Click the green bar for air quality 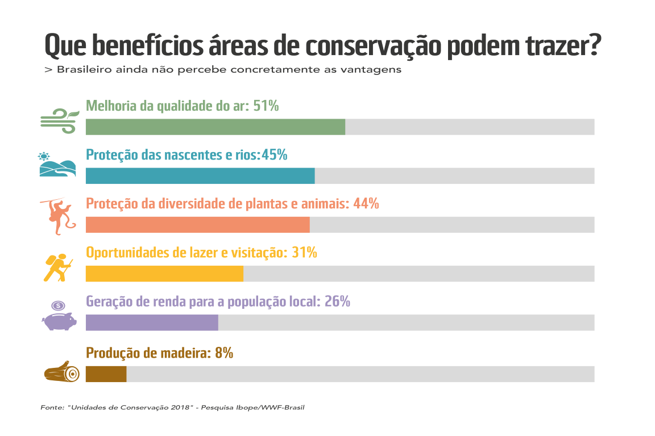coord(215,127)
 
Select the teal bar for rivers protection coord(200,176)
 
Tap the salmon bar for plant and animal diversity coord(197,225)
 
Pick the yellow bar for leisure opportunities coord(164,274)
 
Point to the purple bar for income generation coord(152,322)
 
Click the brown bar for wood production coord(106,374)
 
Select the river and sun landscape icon coord(57,165)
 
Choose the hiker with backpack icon coord(58,267)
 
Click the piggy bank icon coord(59,317)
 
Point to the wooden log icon coord(61,372)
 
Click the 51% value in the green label coord(266,106)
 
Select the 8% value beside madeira coord(224,353)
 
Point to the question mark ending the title coord(593,45)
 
